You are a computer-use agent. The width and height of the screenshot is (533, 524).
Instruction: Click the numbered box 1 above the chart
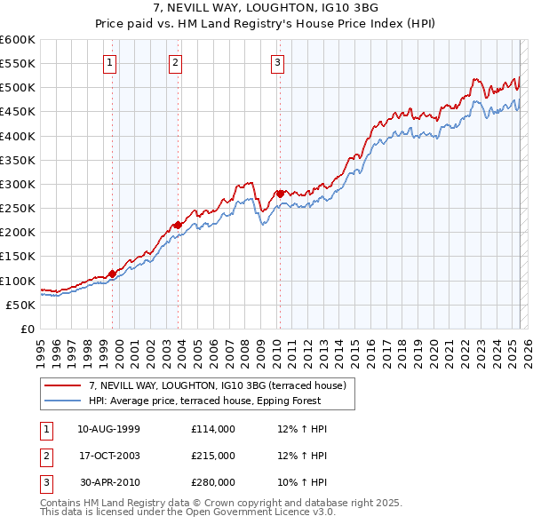coord(108,62)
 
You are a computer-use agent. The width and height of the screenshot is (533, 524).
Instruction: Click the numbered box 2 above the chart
coord(175,62)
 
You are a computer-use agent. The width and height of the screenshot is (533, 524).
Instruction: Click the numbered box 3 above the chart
coord(277,62)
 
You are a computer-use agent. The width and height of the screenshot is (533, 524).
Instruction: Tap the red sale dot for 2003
coord(179,225)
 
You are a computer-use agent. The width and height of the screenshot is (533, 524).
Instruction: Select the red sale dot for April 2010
coord(280,193)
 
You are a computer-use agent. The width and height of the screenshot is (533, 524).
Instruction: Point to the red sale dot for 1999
coord(113,274)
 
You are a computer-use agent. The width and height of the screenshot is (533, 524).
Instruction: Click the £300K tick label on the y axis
coord(18,184)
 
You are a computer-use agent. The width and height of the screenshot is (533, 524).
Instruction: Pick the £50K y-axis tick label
coord(20,305)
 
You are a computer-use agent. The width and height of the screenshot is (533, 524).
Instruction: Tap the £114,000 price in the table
coord(213,429)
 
